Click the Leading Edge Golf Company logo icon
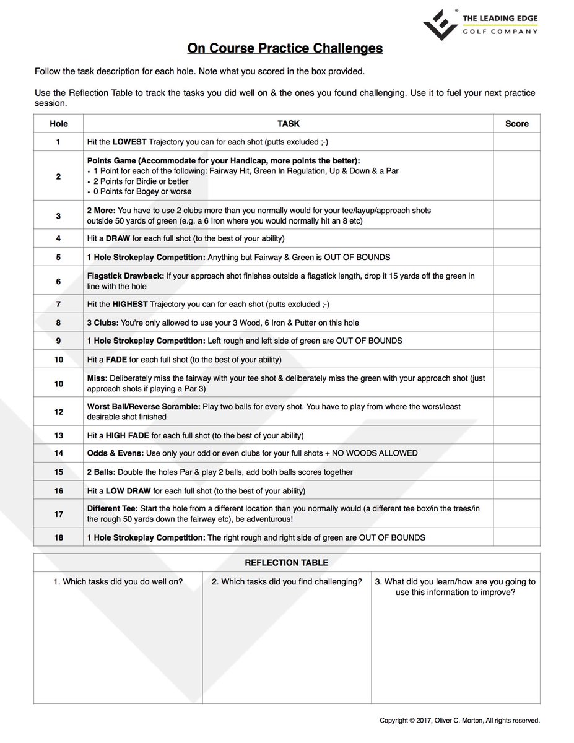tap(440, 24)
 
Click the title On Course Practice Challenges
tap(285, 48)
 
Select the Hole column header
tap(59, 123)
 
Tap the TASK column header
tap(288, 123)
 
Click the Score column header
tap(516, 123)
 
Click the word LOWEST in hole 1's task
tap(129, 142)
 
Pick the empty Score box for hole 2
tap(516, 176)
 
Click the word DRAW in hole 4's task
tap(118, 238)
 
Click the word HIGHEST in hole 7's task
tap(131, 304)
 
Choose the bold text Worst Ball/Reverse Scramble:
tap(142, 407)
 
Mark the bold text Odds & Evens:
tap(115, 453)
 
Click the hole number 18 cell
tap(59, 537)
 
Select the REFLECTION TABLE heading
tap(286, 563)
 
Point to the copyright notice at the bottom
tap(459, 720)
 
